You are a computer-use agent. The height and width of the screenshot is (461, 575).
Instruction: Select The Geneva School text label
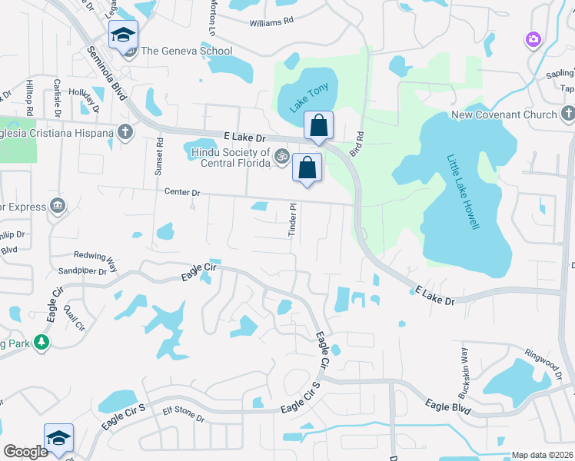tap(187, 51)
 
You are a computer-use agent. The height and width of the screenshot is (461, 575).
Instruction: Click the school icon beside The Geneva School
tap(123, 35)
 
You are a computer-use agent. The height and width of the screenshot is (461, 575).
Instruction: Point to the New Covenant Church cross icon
tap(568, 114)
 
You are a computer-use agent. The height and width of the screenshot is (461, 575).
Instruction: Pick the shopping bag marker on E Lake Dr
tap(318, 125)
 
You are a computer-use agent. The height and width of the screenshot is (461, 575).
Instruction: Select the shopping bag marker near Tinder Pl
tap(307, 167)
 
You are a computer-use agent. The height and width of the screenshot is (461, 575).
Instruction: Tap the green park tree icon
tap(42, 342)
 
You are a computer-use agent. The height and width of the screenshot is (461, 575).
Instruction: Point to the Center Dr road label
tap(182, 193)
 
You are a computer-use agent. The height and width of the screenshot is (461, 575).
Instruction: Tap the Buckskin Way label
tap(464, 367)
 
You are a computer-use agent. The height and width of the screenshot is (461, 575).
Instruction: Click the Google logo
tap(25, 452)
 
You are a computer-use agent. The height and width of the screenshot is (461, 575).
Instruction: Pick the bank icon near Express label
tap(58, 205)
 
